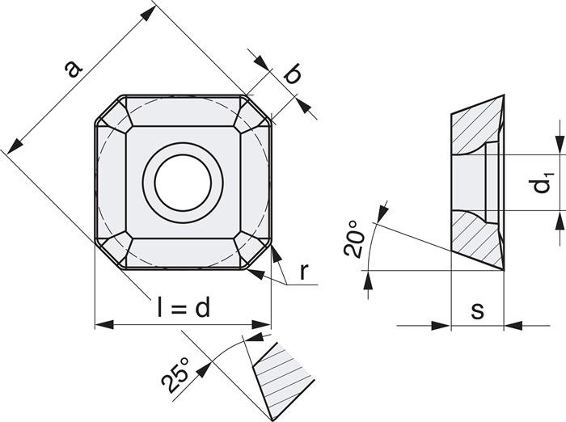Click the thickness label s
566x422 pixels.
pyautogui.click(x=477, y=310)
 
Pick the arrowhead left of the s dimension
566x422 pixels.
pyautogui.click(x=440, y=326)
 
